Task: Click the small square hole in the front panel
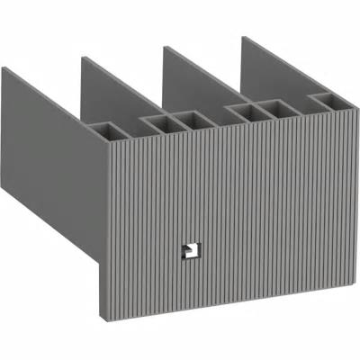189,248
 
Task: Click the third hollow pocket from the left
190,120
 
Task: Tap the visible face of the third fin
193,85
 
